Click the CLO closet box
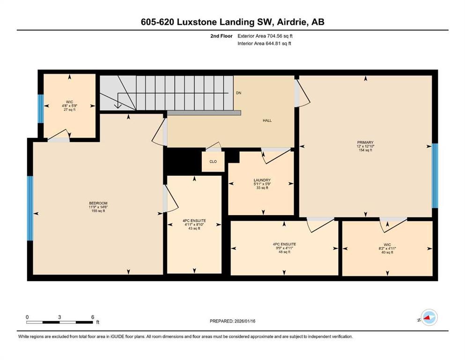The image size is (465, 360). [213, 162]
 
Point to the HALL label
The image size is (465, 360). [267, 120]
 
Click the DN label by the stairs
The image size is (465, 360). [238, 93]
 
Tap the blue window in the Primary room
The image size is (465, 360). [435, 176]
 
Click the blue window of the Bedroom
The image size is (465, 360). [30, 209]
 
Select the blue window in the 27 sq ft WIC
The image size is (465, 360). [40, 108]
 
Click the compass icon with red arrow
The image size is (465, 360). [428, 318]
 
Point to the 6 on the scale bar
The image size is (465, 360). [92, 317]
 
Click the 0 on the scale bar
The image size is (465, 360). [27, 317]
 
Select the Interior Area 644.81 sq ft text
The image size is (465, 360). [265, 44]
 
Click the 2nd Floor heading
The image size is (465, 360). [222, 36]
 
